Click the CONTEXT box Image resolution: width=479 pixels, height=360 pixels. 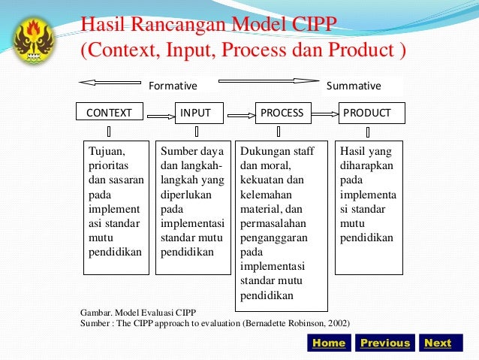[x=110, y=113]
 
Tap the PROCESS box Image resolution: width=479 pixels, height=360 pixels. [x=282, y=113]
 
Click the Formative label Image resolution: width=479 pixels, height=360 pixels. [x=173, y=86]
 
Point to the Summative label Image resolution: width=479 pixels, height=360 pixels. [x=354, y=86]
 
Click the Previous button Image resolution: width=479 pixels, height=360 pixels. [x=385, y=343]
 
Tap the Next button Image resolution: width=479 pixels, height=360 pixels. [x=438, y=343]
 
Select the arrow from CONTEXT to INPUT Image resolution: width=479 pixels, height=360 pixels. [x=159, y=116]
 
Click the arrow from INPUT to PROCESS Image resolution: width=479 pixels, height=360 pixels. [x=240, y=115]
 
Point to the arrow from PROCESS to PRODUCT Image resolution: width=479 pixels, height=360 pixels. [x=324, y=114]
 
